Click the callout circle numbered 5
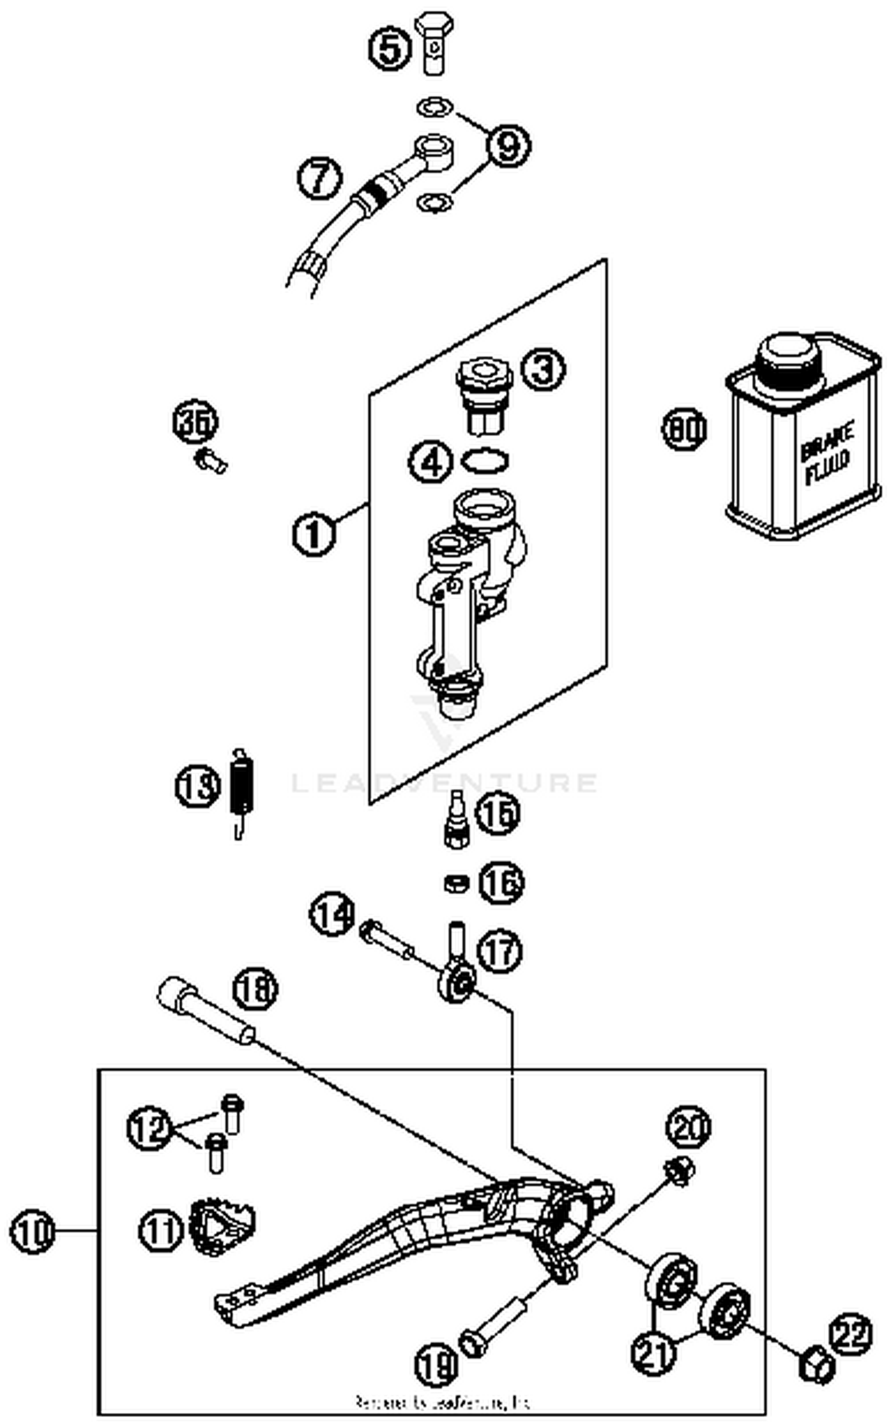point(390,49)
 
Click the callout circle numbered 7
point(320,178)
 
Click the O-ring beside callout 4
point(485,460)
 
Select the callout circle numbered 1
point(314,533)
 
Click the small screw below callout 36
point(211,460)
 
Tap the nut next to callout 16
point(456,884)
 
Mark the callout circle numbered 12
point(148,1128)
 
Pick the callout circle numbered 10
point(32,1232)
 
